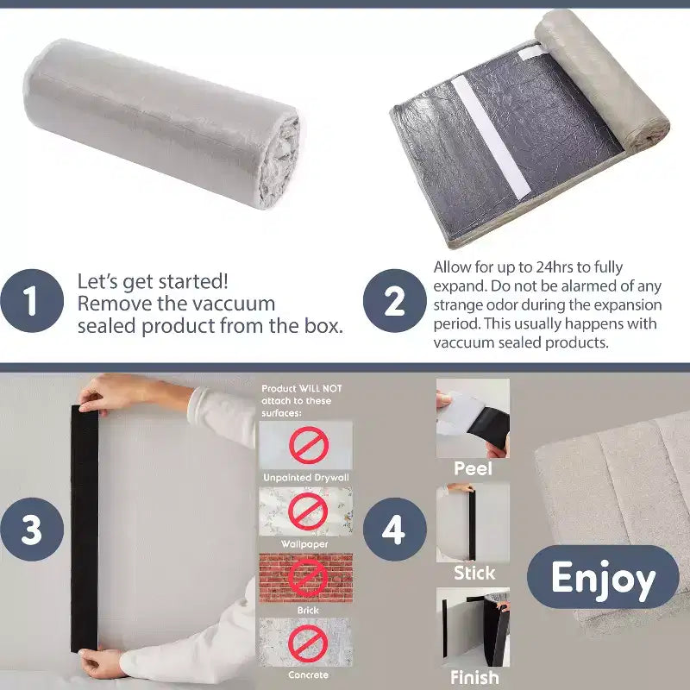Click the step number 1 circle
click(32, 301)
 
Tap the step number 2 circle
click(395, 301)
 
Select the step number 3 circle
click(32, 530)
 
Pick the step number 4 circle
click(395, 530)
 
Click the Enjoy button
click(603, 577)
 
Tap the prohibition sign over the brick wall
click(308, 578)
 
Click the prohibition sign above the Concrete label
click(308, 643)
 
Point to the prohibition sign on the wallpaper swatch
click(308, 511)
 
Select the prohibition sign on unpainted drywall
click(309, 445)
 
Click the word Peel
click(473, 468)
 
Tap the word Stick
click(474, 573)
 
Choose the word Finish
click(474, 677)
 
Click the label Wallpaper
click(304, 544)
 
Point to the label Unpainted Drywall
click(306, 478)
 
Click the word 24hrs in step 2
click(554, 267)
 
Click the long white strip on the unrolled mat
click(491, 137)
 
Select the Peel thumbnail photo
click(473, 418)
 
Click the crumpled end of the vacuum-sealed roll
click(280, 160)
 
